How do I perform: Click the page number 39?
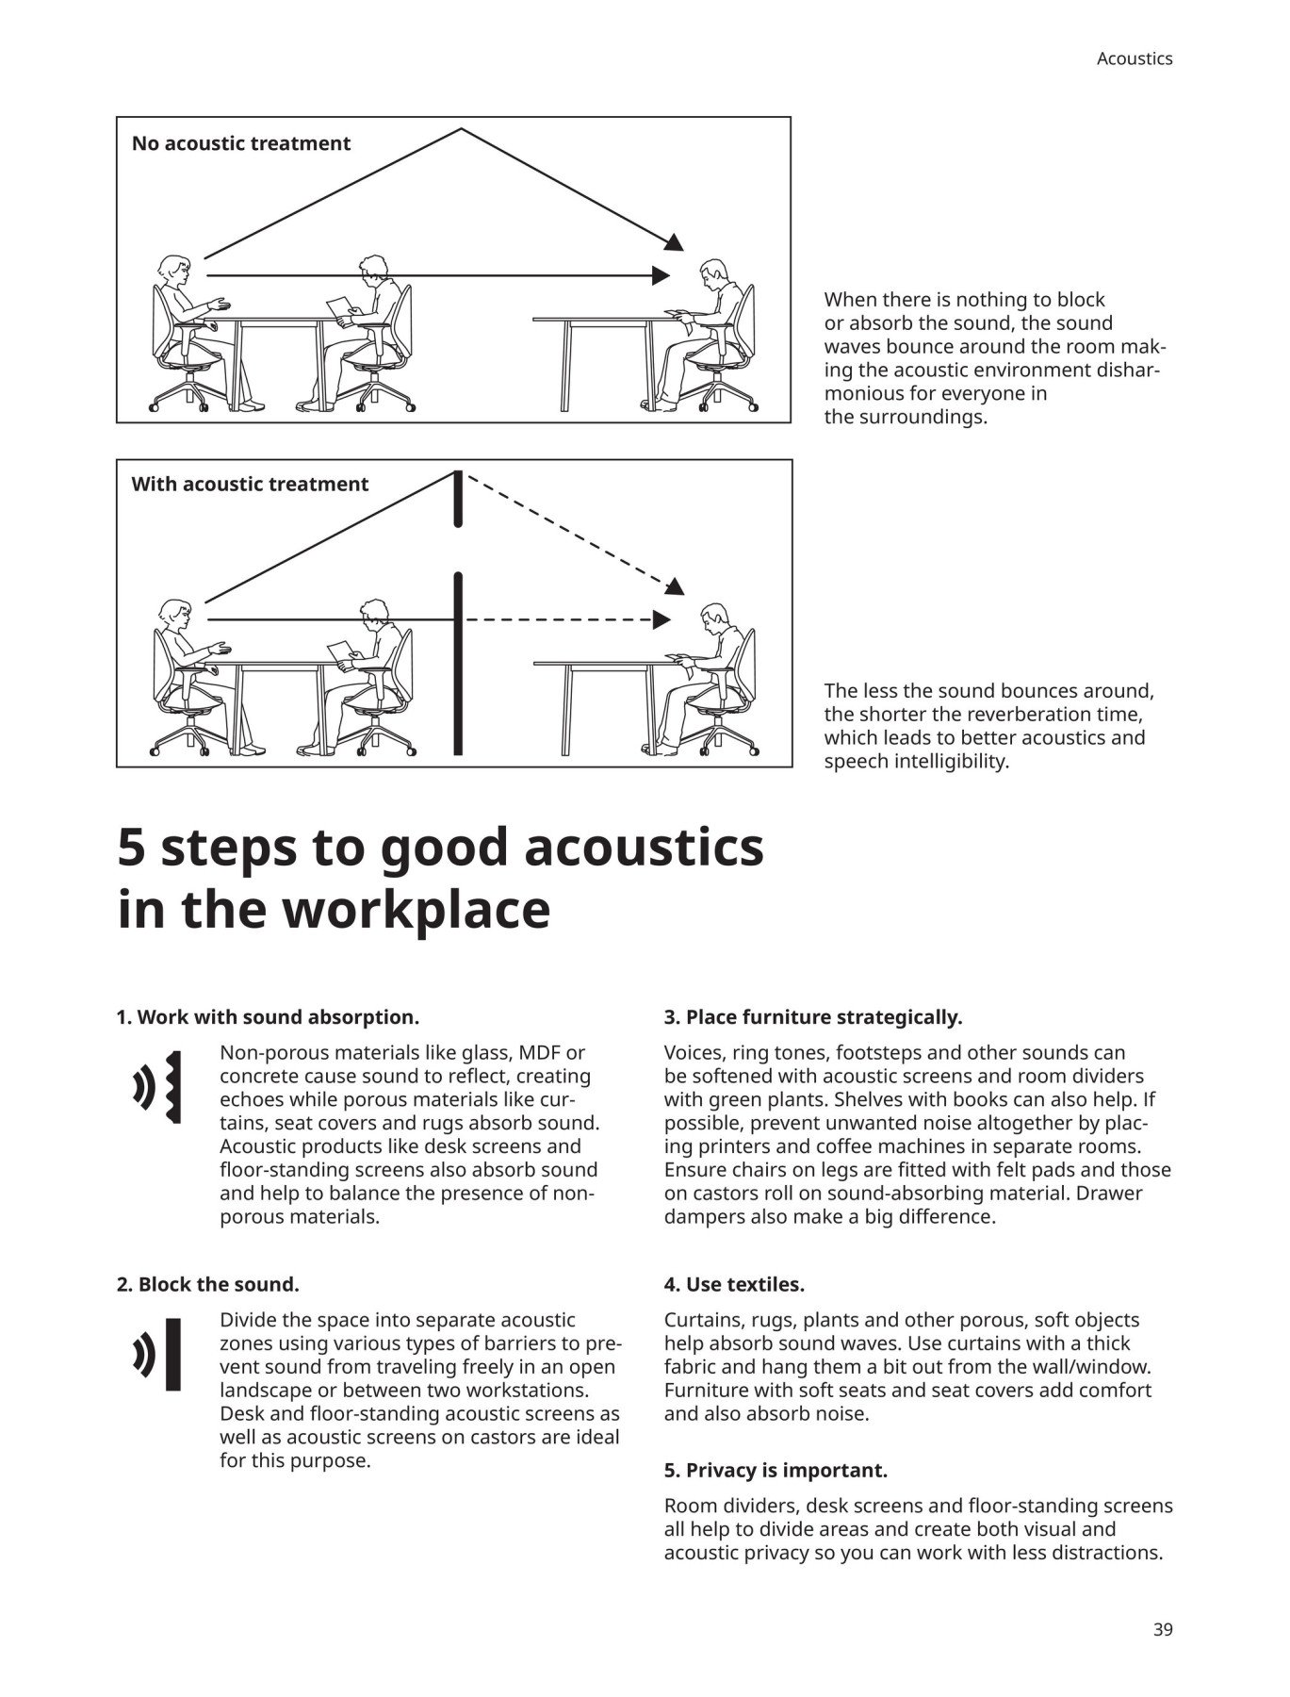tap(1163, 1628)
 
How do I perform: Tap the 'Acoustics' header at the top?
tap(1135, 58)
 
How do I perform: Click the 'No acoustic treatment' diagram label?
tap(240, 143)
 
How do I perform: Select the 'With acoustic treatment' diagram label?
tap(250, 485)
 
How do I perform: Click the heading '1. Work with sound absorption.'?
tap(268, 1017)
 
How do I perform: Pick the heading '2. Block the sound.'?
tap(207, 1284)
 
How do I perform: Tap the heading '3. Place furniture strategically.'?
tap(813, 1017)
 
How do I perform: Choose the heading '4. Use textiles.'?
tap(734, 1284)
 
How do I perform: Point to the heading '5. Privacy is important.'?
tap(776, 1470)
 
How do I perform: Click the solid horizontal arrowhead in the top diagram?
tap(661, 275)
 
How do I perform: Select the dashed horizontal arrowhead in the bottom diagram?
tap(661, 619)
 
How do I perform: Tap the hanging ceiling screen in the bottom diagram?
tap(458, 499)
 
